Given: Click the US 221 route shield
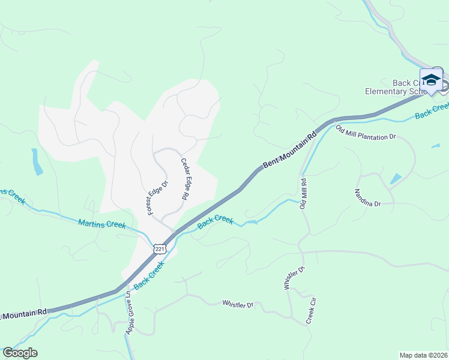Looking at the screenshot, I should tap(159, 248).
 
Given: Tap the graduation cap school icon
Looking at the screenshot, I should tap(431, 80).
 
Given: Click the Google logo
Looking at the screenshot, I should tap(20, 353).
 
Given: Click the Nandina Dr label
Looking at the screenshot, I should tap(367, 198).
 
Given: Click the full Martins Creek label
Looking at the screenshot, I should tap(102, 224).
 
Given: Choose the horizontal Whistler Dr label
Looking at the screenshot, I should tap(238, 305).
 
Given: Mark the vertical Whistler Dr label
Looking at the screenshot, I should tap(287, 278).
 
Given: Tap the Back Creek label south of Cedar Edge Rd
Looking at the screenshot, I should tap(215, 221).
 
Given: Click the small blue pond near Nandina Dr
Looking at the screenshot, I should tap(396, 178).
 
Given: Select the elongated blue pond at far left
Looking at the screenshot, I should tap(37, 161).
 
